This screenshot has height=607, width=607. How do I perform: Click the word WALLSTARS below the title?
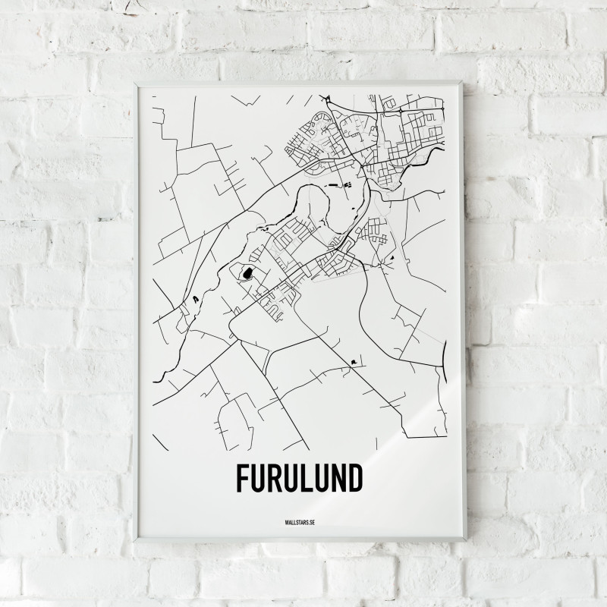click(x=294, y=521)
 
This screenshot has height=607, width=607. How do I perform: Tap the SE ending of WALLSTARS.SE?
click(x=311, y=521)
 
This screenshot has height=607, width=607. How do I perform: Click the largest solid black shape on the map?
click(x=247, y=272)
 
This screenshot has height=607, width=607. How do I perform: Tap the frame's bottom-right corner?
click(x=466, y=539)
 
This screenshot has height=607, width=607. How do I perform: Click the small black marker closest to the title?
click(x=354, y=363)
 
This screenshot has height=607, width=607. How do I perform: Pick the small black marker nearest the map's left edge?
click(x=195, y=299)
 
